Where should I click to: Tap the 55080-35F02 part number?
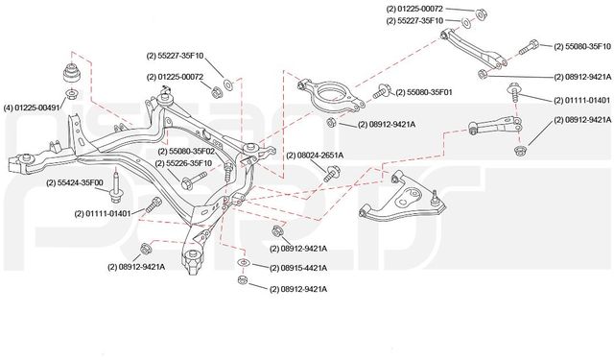pos(188,152)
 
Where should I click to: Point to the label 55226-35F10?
pos(188,164)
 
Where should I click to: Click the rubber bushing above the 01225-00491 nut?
pos(71,74)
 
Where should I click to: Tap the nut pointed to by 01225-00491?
pos(71,94)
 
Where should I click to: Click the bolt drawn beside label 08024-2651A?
pos(331,171)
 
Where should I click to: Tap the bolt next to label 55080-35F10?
pos(533,44)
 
